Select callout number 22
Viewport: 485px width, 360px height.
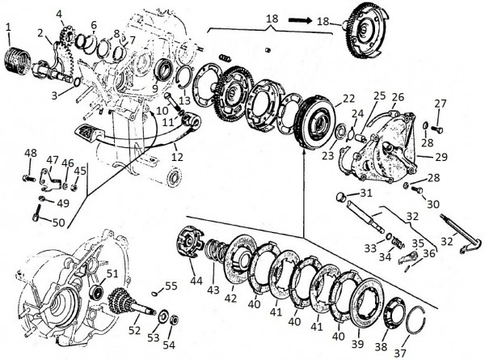(x=348, y=98)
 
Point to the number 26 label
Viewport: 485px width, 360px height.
(x=397, y=97)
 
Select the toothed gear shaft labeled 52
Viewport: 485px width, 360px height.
(x=121, y=307)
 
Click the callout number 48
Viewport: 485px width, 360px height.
(x=31, y=154)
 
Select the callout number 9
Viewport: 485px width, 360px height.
(x=153, y=89)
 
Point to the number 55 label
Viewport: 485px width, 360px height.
(x=171, y=286)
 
